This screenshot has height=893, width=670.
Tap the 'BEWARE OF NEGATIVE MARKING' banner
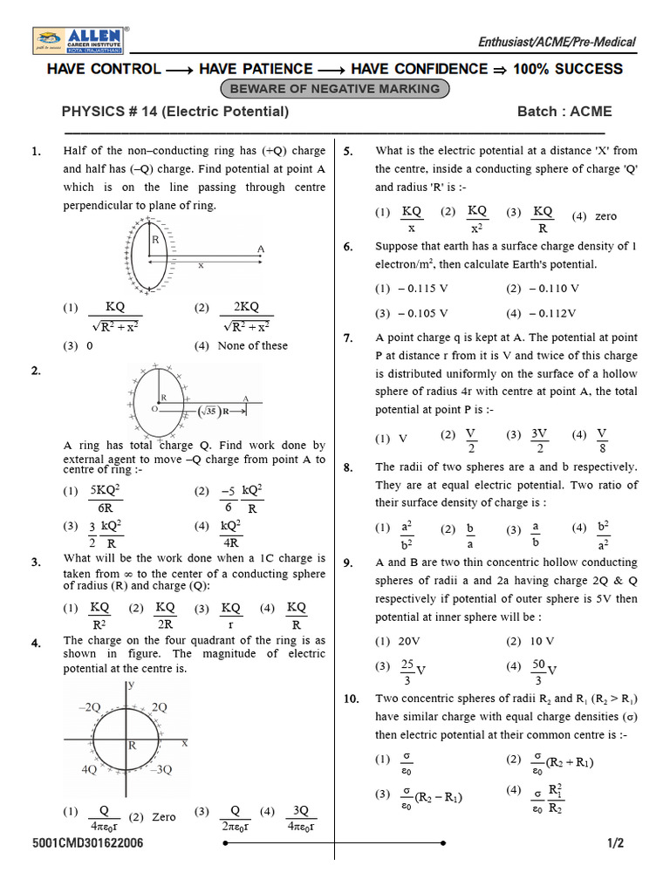point(335,89)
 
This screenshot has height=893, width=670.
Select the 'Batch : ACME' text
point(564,112)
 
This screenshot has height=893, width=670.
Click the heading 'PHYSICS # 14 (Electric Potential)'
point(174,112)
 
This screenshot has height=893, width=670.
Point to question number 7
point(348,338)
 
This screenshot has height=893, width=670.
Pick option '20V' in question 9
point(399,641)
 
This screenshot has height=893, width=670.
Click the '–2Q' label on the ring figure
point(90,707)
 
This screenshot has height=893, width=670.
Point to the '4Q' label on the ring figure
point(89,770)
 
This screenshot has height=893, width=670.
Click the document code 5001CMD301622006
point(88,844)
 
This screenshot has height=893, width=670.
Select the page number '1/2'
point(616,844)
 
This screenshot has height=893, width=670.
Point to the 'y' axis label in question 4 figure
point(130,685)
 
